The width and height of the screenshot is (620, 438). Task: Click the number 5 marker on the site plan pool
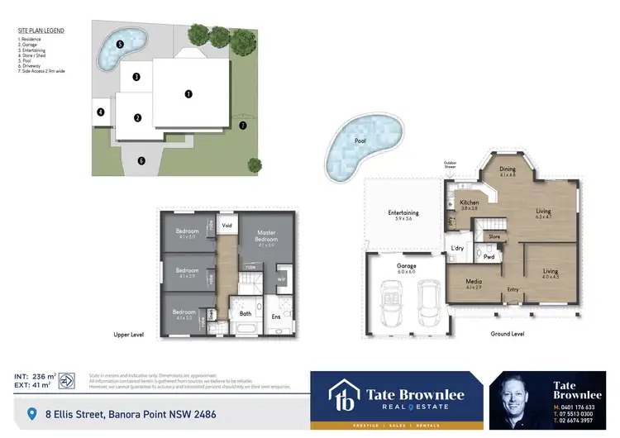[120, 44]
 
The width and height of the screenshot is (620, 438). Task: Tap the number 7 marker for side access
[242, 126]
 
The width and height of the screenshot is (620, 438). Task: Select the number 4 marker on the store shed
[100, 112]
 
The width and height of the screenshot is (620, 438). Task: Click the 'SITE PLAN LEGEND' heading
[41, 31]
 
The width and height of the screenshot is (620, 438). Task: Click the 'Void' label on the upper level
[227, 224]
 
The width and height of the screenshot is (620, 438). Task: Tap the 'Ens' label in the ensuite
[275, 317]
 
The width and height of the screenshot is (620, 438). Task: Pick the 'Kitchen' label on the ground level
[469, 202]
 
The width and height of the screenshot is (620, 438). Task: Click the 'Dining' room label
[508, 169]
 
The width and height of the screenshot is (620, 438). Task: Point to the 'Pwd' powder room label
[489, 256]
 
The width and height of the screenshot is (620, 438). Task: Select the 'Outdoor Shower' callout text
[450, 164]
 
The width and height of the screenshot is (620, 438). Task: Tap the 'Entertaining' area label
[403, 213]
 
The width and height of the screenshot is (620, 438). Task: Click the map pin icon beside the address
[32, 413]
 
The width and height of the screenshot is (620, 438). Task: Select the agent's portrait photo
[521, 399]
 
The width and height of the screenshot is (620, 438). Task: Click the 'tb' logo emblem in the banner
[341, 396]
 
